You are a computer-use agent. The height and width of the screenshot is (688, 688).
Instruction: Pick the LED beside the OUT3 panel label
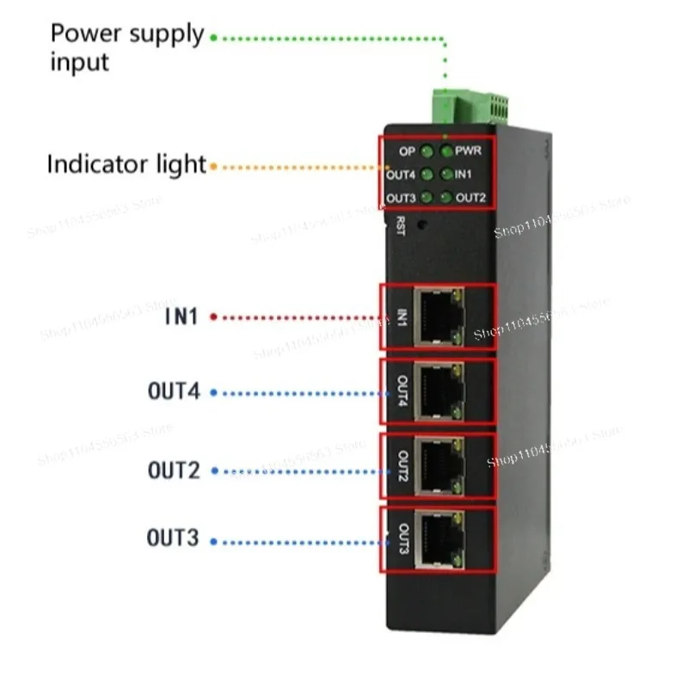[x=427, y=199]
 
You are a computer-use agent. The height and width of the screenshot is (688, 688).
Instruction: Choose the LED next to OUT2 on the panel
[x=446, y=199]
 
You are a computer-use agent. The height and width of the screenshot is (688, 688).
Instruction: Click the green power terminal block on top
[x=469, y=108]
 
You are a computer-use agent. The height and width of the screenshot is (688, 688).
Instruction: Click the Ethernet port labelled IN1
[x=439, y=316]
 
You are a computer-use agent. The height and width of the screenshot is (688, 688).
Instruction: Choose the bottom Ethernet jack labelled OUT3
[x=439, y=540]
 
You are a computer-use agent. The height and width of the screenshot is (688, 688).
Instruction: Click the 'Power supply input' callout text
[x=127, y=47]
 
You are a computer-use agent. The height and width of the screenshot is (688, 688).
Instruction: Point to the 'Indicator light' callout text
[x=126, y=164]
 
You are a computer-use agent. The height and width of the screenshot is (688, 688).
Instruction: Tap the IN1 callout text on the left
[x=181, y=317]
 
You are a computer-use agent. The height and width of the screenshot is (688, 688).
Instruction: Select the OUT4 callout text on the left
[x=173, y=392]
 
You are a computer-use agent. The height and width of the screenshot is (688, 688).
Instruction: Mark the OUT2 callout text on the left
[x=173, y=470]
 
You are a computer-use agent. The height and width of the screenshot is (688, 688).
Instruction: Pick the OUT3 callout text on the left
[x=173, y=539]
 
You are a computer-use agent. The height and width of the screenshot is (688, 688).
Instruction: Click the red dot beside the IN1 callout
[x=213, y=317]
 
